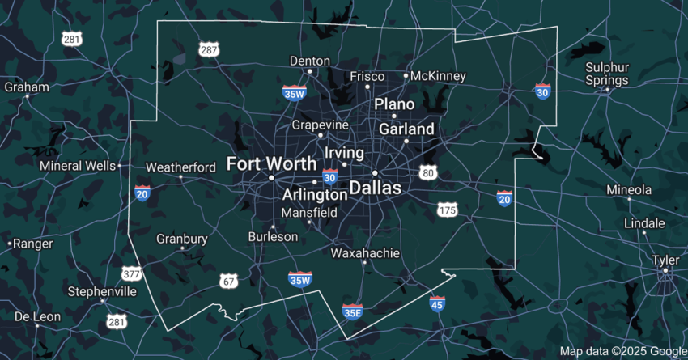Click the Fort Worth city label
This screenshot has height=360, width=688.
(x=271, y=163)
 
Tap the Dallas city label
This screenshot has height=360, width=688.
(x=375, y=188)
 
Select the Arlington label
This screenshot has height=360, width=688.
(x=315, y=195)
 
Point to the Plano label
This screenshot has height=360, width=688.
(x=394, y=104)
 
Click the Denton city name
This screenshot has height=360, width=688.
(x=310, y=61)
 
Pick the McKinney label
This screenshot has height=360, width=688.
(x=439, y=76)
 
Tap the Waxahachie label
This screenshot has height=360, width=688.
(x=366, y=253)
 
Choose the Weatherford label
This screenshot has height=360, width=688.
(x=180, y=167)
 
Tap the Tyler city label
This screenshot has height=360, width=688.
(x=665, y=260)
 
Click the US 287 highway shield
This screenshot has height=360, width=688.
(x=209, y=50)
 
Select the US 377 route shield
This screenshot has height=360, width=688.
(x=131, y=273)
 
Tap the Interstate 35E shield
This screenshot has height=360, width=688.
(x=352, y=311)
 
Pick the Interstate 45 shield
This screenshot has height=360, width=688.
(x=437, y=304)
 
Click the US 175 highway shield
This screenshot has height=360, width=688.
(x=447, y=210)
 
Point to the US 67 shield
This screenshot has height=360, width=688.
(x=228, y=281)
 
